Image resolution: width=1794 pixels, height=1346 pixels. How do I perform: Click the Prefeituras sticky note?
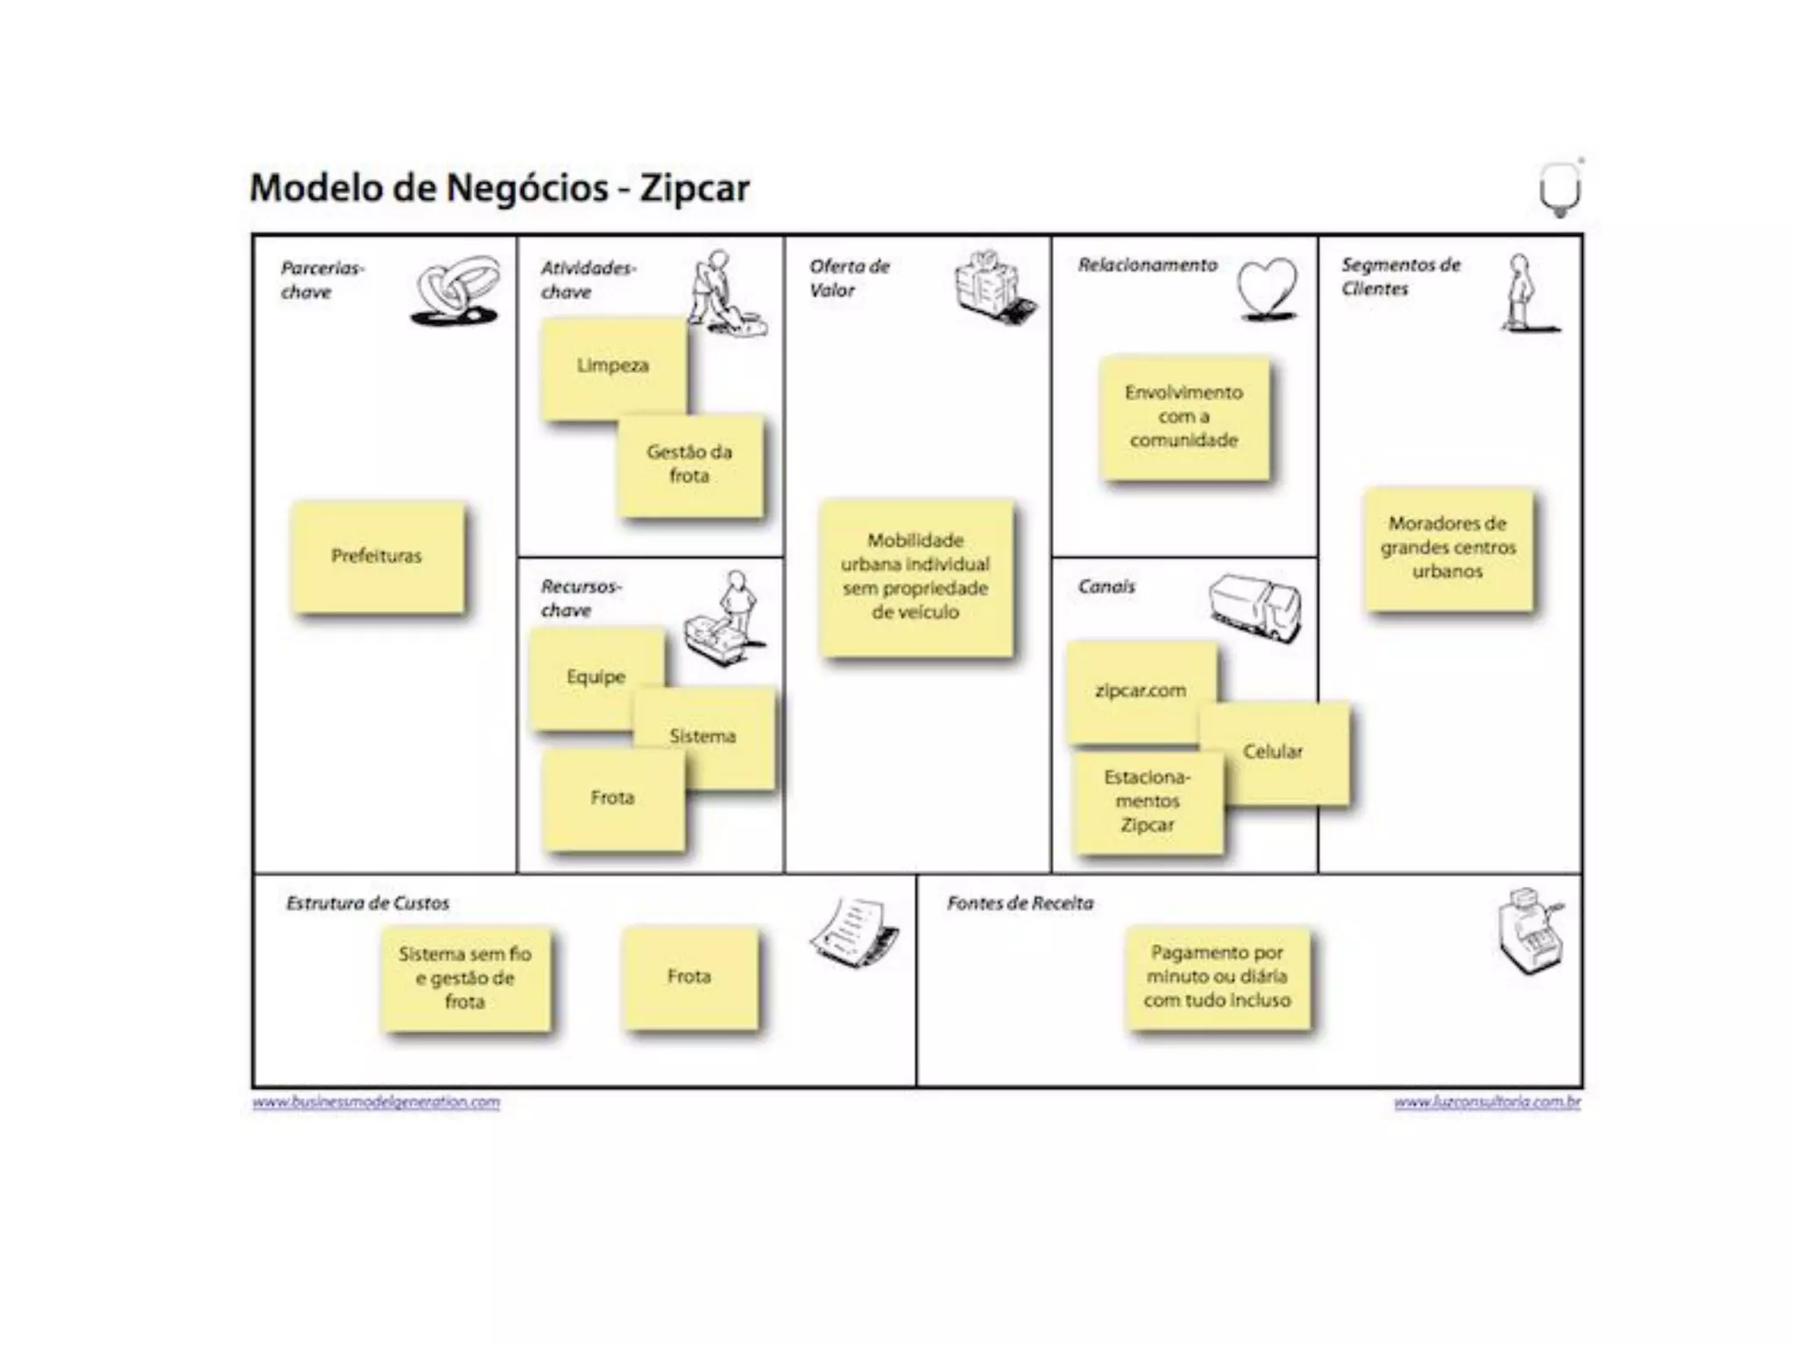377,556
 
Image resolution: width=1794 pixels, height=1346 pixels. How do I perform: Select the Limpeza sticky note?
612,366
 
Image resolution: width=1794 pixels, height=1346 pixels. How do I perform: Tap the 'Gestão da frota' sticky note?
689,464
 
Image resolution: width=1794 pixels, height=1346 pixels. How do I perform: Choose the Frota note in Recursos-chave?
612,798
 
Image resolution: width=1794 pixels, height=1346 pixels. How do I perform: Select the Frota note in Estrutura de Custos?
689,976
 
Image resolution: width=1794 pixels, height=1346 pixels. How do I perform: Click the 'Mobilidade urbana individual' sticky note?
915,577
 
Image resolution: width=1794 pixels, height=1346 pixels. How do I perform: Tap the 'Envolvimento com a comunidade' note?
1183,417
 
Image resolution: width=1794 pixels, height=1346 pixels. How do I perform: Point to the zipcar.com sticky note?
1140,691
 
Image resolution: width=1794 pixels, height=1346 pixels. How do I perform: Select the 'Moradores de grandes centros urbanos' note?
1447,548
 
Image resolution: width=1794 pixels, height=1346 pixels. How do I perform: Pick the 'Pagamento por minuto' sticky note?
1217,976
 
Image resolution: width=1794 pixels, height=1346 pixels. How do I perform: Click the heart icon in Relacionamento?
1267,288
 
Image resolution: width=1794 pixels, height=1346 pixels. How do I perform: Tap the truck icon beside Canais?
1254,607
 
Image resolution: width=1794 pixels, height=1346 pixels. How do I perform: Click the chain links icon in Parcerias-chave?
456,290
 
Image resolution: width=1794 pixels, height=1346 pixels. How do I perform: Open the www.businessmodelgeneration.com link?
376,1102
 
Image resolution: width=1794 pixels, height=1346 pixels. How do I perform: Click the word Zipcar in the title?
694,188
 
